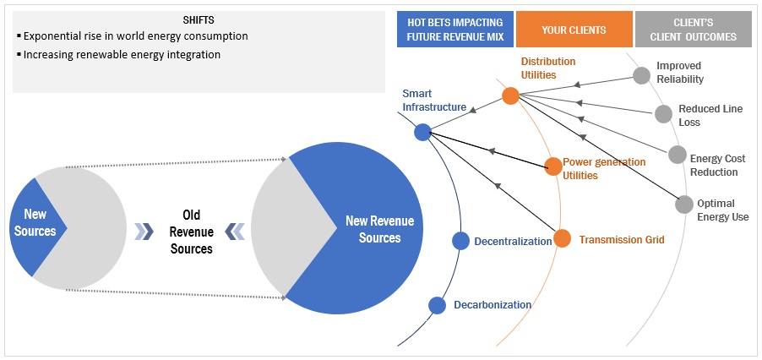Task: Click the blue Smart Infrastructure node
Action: pyautogui.click(x=423, y=132)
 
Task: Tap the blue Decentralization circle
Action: pyautogui.click(x=460, y=241)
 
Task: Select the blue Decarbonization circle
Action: pyautogui.click(x=437, y=305)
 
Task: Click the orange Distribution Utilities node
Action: pyautogui.click(x=510, y=95)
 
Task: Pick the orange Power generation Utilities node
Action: pyautogui.click(x=552, y=166)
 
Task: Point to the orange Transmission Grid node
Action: pyautogui.click(x=562, y=239)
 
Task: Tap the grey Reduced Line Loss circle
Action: pyautogui.click(x=664, y=113)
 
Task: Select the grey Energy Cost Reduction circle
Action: pyautogui.click(x=678, y=155)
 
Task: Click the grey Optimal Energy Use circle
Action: pyautogui.click(x=684, y=205)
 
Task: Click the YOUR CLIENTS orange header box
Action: pyautogui.click(x=574, y=30)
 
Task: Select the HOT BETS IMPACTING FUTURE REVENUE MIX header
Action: pyautogui.click(x=454, y=30)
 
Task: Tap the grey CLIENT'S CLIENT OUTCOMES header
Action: pyautogui.click(x=693, y=30)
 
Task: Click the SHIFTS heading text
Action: pyautogui.click(x=199, y=19)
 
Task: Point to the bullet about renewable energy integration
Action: pyautogui.click(x=122, y=55)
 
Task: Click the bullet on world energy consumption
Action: pyautogui.click(x=135, y=36)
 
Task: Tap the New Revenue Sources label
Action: pyautogui.click(x=379, y=229)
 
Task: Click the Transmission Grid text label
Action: pyautogui.click(x=622, y=240)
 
